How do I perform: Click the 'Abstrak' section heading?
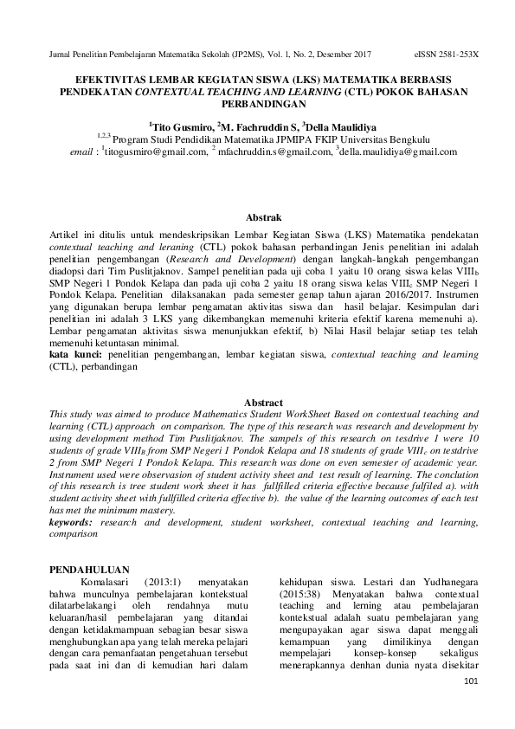(257, 216)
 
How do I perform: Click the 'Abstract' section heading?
(257, 403)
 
